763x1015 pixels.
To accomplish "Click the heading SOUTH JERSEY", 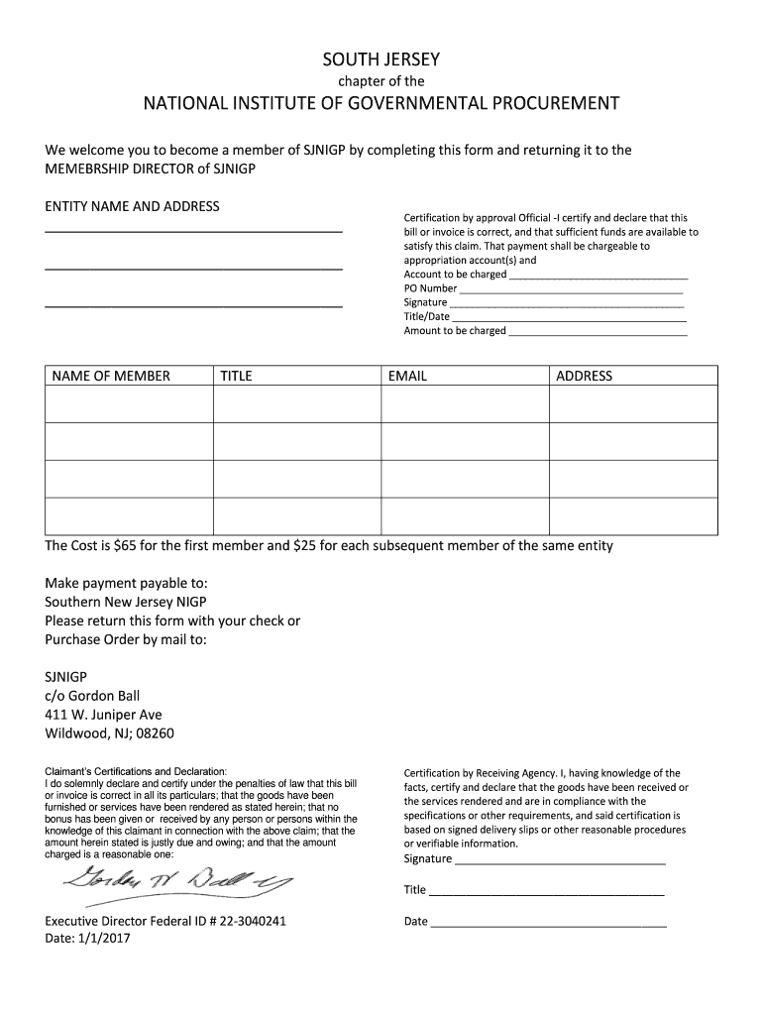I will [x=381, y=58].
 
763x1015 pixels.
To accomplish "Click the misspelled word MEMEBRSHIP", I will [x=93, y=169].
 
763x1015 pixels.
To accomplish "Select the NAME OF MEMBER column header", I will [x=111, y=376].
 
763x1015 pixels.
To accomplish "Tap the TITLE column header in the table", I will [x=236, y=376].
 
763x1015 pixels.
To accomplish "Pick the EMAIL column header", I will [x=407, y=376].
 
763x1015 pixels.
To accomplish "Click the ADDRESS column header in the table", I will [x=585, y=376].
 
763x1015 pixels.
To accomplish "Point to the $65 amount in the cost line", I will [x=126, y=546].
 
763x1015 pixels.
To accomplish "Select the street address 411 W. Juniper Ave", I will [x=103, y=715].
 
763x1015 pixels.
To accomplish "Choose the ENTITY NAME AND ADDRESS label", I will [x=132, y=206].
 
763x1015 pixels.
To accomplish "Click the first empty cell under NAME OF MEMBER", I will [x=129, y=403].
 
